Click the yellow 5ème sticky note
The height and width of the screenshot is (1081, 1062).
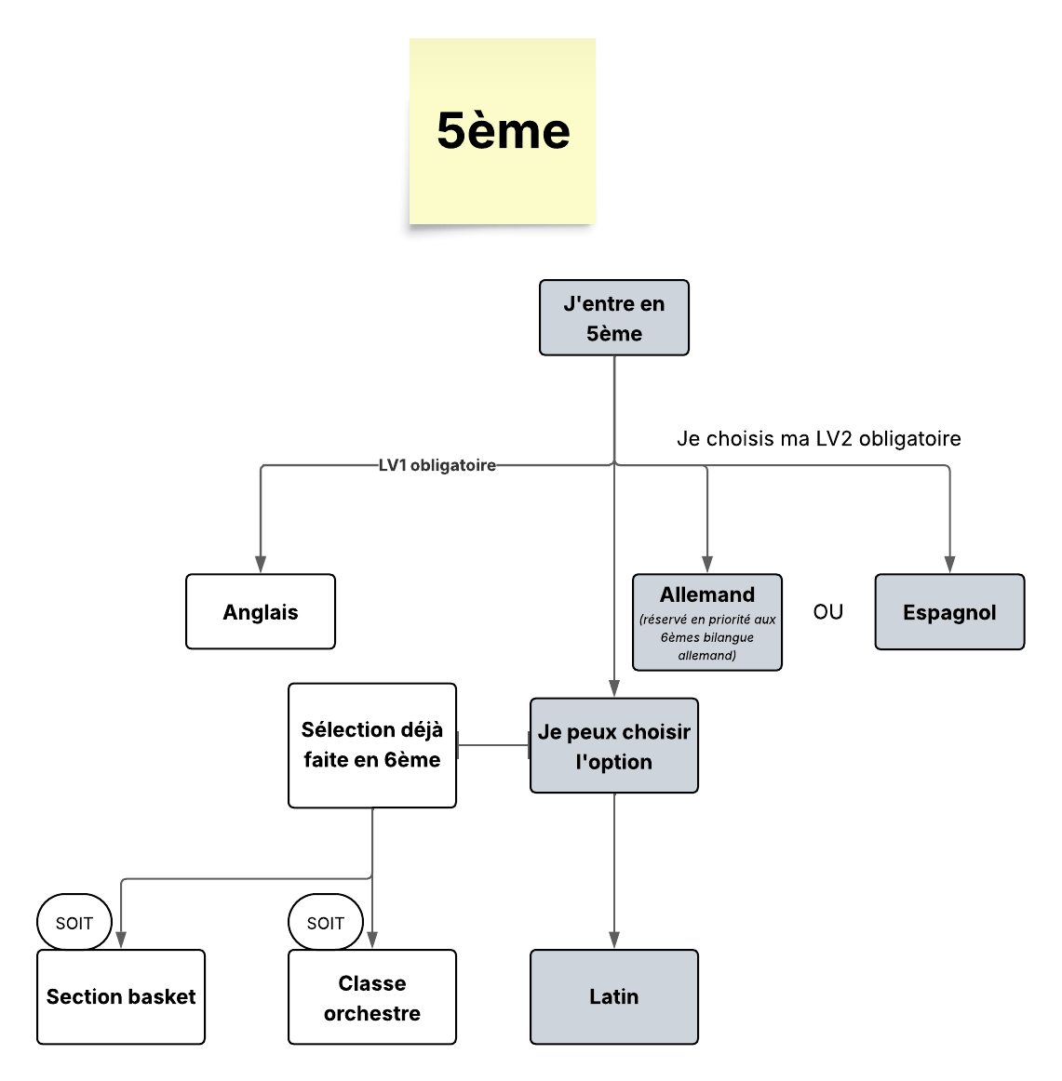(503, 132)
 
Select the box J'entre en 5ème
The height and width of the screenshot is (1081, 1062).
(614, 317)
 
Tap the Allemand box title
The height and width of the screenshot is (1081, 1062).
(707, 594)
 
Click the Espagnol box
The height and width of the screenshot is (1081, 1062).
(949, 612)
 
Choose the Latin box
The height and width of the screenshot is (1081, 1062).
(614, 996)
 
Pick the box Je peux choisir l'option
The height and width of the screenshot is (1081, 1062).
(614, 745)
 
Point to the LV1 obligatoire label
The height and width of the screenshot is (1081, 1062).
(437, 465)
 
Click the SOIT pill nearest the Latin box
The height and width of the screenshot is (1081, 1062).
(326, 923)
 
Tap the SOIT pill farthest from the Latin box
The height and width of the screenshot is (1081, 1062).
(74, 923)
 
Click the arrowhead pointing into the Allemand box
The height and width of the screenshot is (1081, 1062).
(707, 564)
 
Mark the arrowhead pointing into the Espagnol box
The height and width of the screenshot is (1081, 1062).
(949, 564)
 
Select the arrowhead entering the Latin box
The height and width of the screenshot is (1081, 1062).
(614, 940)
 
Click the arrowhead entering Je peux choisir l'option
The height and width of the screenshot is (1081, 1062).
(614, 688)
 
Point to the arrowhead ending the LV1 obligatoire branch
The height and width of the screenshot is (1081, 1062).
(261, 564)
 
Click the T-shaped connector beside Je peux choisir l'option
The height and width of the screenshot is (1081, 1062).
(458, 745)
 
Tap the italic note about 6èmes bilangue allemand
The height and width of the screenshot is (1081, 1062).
(707, 637)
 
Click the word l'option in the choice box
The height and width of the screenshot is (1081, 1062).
(614, 762)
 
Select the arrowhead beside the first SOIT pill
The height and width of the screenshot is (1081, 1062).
(121, 940)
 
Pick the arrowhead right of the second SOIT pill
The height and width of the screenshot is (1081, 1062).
(372, 940)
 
